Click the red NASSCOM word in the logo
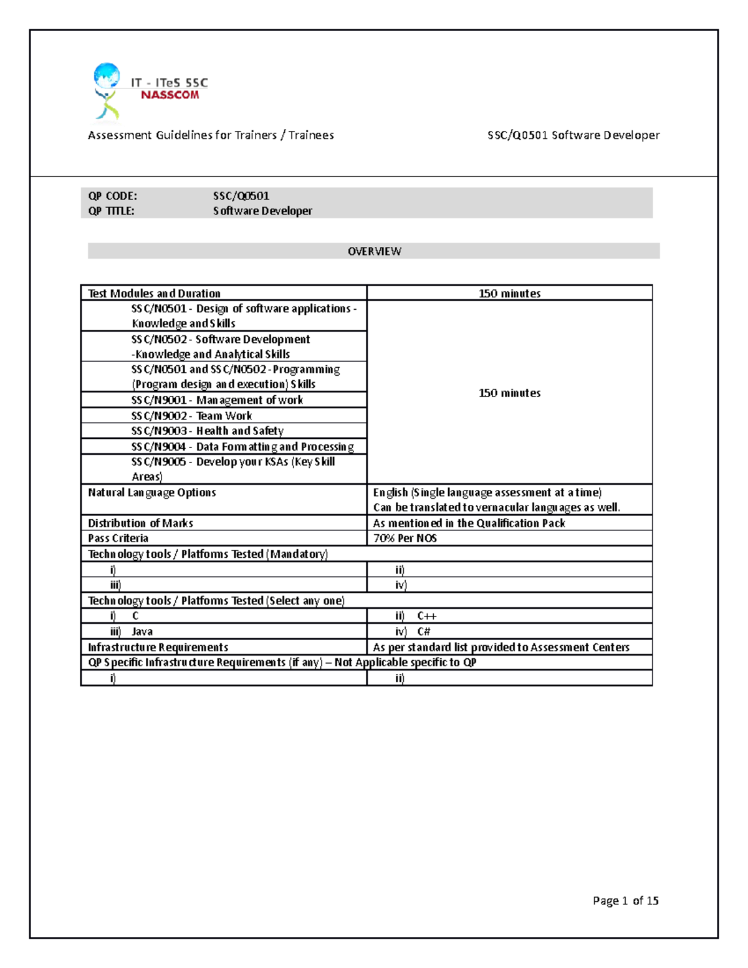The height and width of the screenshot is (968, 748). [x=170, y=95]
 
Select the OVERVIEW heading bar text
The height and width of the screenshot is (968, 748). [x=374, y=251]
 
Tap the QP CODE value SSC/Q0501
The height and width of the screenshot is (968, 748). [x=241, y=196]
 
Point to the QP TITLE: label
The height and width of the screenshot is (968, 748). [x=111, y=211]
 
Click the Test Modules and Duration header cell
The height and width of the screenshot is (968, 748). [x=154, y=293]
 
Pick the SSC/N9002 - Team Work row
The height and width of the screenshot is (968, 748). [x=192, y=416]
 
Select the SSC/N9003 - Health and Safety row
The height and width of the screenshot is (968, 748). [x=208, y=431]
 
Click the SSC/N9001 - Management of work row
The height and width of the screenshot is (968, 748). [x=217, y=400]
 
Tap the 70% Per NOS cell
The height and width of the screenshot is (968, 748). [x=405, y=538]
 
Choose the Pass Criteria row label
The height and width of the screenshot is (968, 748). [x=118, y=538]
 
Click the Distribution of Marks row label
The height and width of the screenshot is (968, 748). [x=140, y=523]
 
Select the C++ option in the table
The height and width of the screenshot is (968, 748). [x=427, y=616]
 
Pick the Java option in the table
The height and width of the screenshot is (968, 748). [x=142, y=631]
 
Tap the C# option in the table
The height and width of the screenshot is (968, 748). [x=424, y=631]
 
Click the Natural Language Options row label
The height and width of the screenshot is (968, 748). [x=151, y=492]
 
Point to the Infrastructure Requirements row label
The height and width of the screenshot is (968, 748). [x=158, y=647]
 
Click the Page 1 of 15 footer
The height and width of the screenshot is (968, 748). [x=625, y=901]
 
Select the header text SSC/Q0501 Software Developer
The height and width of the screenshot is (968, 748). [x=573, y=135]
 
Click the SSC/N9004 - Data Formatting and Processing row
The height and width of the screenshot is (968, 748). [x=242, y=446]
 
